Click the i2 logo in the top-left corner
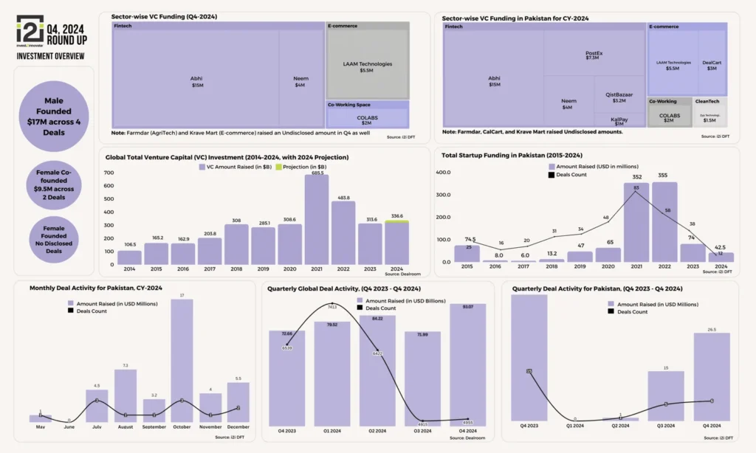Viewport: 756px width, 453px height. tap(30, 31)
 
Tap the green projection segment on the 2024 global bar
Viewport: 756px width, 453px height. tap(397, 221)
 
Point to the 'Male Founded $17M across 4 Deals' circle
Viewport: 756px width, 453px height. tap(54, 117)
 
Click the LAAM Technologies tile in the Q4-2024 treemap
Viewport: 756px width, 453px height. tap(368, 65)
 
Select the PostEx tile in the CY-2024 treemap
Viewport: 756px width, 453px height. tap(592, 54)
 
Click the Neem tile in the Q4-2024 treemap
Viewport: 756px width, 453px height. tap(300, 80)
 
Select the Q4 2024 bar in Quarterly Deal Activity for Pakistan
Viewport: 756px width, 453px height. tap(711, 376)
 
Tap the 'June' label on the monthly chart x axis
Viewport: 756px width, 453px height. tap(70, 426)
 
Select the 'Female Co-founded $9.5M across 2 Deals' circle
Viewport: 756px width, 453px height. tap(54, 183)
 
